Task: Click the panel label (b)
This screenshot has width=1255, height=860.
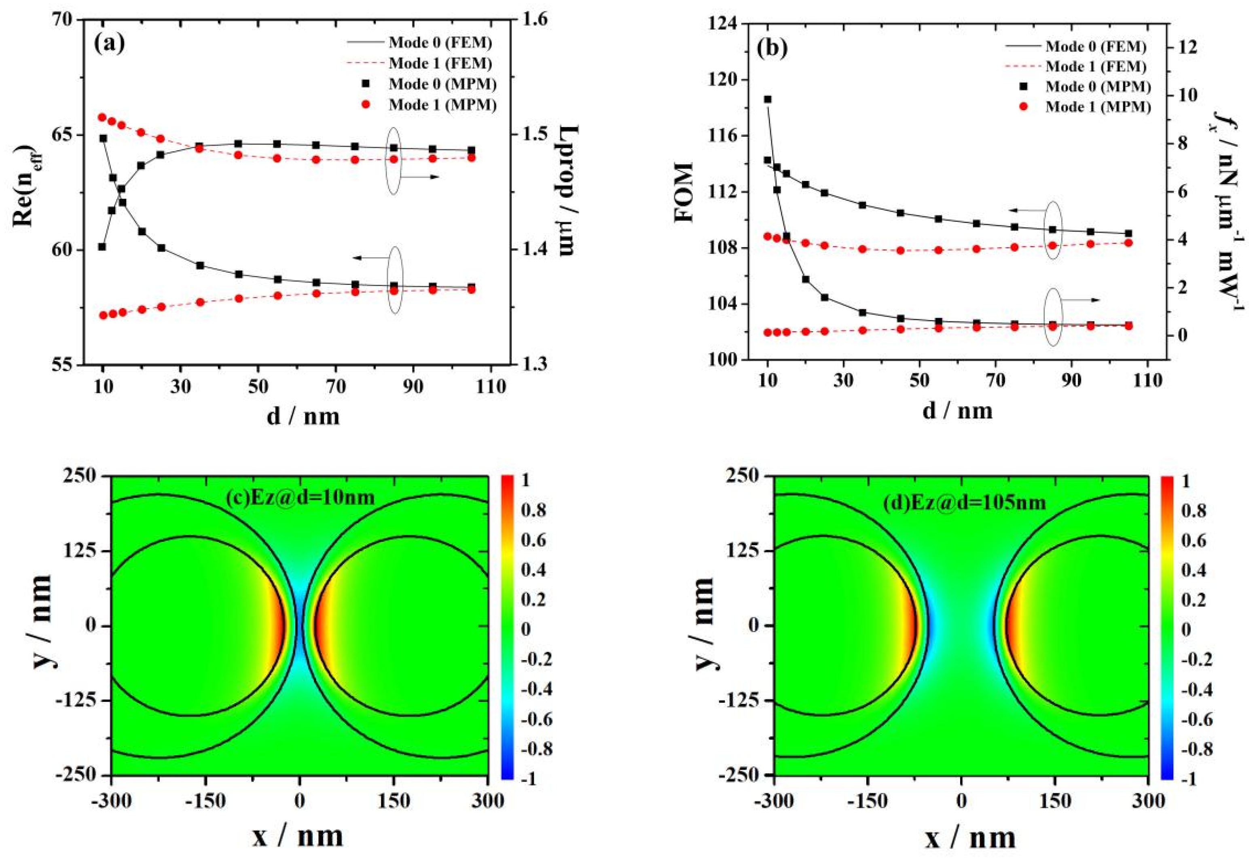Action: pos(772,49)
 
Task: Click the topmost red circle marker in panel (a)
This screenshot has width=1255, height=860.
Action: pos(102,117)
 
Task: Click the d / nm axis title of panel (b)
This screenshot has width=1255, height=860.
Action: pos(957,410)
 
